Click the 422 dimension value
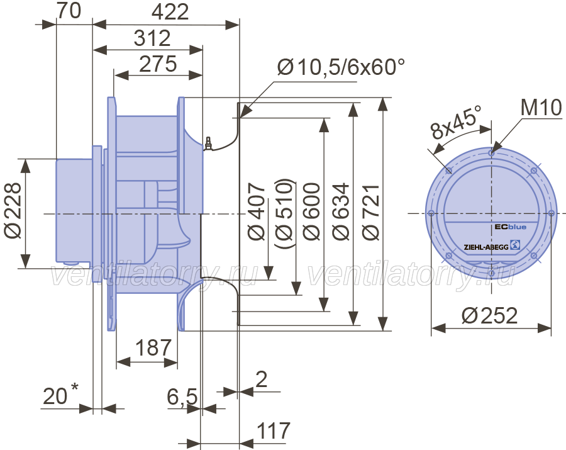pyautogui.click(x=170, y=12)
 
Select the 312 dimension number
pyautogui.click(x=152, y=38)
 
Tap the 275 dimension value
pyautogui.click(x=158, y=64)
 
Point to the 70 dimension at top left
pyautogui.click(x=69, y=11)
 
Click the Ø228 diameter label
pyautogui.click(x=13, y=211)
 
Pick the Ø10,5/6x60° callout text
pyautogui.click(x=341, y=67)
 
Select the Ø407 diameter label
pyautogui.click(x=257, y=211)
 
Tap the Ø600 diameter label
pyautogui.click(x=311, y=211)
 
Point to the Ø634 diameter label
pyautogui.click(x=341, y=211)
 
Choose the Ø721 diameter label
pyautogui.click(x=370, y=212)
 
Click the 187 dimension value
pyautogui.click(x=153, y=347)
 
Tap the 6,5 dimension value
pyautogui.click(x=182, y=397)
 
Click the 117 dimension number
pyautogui.click(x=274, y=430)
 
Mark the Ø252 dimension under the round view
pyautogui.click(x=489, y=315)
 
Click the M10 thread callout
pyautogui.click(x=541, y=107)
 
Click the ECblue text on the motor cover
pyautogui.click(x=510, y=227)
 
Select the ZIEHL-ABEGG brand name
pyautogui.click(x=486, y=247)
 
